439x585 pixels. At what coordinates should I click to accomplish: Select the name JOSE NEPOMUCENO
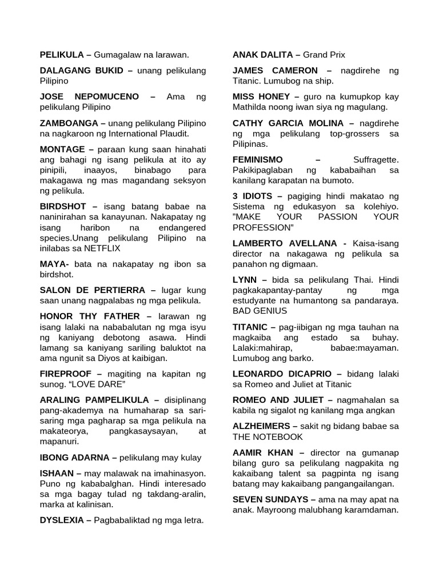coord(89,97)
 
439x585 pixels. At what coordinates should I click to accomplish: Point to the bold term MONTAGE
coord(62,149)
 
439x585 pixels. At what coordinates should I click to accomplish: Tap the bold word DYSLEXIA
coord(62,520)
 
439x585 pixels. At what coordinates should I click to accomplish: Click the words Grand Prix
coord(324,55)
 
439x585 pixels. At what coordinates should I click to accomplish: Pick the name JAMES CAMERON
coord(275,70)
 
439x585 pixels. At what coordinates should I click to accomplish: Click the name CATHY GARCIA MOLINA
coord(288,123)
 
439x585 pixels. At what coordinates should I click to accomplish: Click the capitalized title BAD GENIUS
coord(260,311)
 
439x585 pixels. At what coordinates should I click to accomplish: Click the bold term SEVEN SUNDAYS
coord(270,499)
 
